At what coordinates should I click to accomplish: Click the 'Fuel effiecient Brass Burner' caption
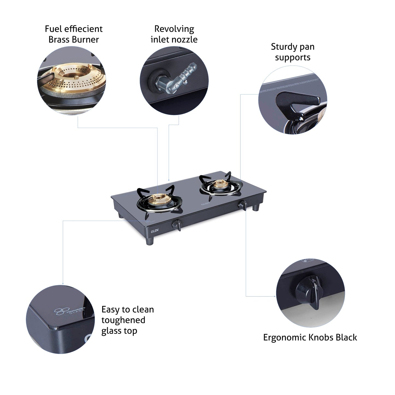pos(74,34)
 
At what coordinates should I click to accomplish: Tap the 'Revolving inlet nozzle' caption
pos(174,34)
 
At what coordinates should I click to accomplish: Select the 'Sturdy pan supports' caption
pos(292,52)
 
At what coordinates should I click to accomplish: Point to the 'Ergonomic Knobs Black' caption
pos(310,337)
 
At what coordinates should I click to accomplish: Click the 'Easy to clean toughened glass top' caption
pos(127,320)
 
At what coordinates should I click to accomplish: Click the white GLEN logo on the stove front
pos(154,230)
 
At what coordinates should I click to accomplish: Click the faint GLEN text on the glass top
pos(205,204)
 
